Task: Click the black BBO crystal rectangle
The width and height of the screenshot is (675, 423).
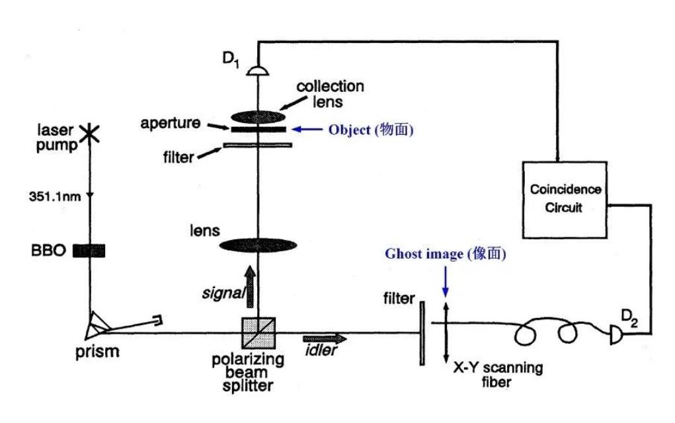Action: pyautogui.click(x=89, y=250)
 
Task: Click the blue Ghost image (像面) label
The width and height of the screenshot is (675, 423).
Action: pyautogui.click(x=447, y=254)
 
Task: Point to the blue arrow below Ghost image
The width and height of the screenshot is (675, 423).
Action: pyautogui.click(x=446, y=282)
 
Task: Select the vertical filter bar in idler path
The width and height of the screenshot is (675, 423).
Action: pyautogui.click(x=422, y=330)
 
